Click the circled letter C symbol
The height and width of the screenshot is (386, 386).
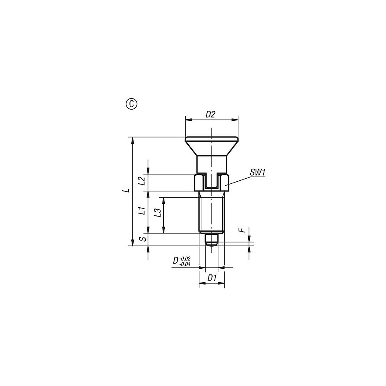tap(132, 104)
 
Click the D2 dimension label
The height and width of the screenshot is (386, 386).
tap(210, 115)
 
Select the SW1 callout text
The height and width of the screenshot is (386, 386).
tap(257, 172)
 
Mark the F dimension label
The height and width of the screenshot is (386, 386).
tap(243, 230)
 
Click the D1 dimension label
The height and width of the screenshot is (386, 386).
tap(212, 278)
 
